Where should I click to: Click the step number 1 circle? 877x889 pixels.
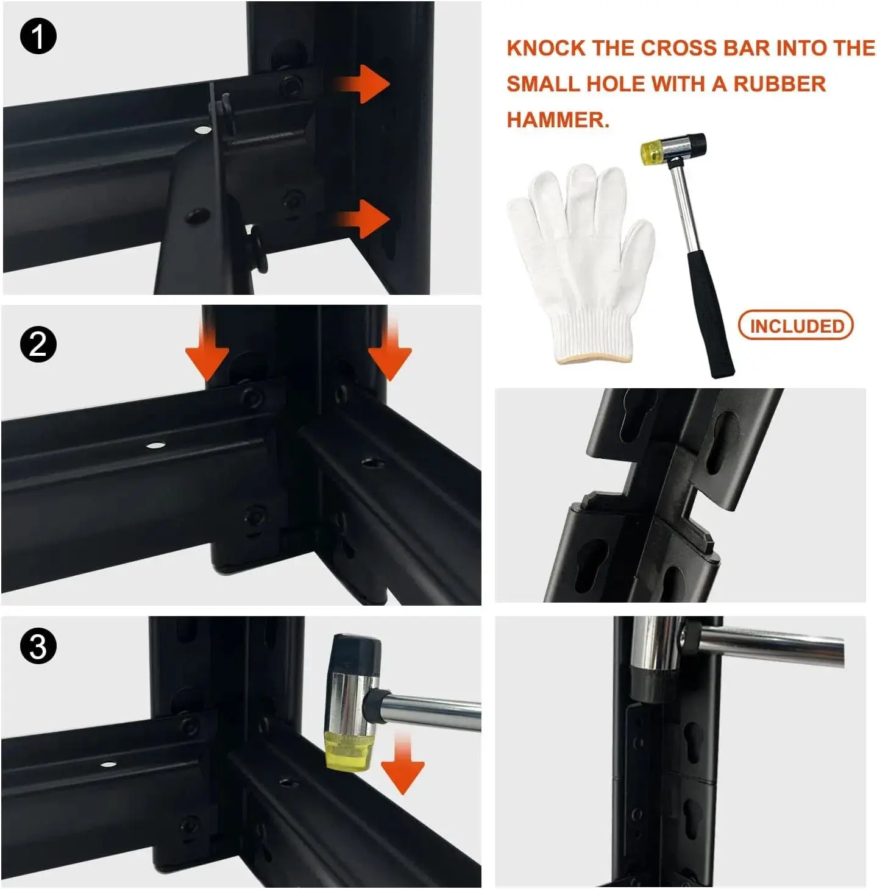[38, 37]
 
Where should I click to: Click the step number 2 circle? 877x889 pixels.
[38, 344]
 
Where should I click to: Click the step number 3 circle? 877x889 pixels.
[38, 646]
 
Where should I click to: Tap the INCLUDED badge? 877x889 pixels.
[795, 325]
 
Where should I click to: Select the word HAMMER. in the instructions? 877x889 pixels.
[558, 120]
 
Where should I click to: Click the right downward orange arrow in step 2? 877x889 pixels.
[389, 350]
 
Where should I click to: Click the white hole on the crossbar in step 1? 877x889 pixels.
[201, 130]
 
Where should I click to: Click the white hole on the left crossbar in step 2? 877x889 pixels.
[154, 445]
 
